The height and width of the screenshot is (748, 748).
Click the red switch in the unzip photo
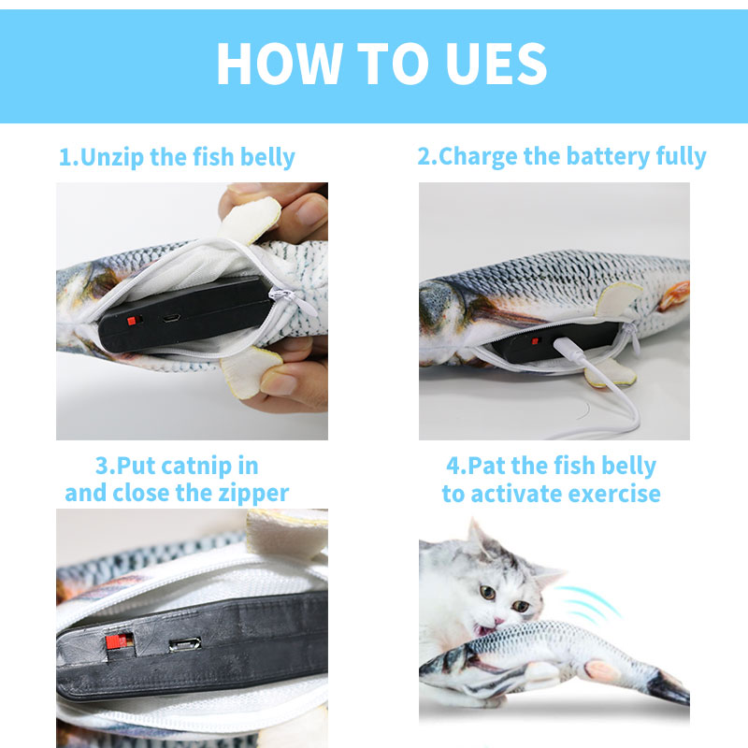tap(132, 320)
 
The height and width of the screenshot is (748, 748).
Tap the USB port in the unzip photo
tap(171, 318)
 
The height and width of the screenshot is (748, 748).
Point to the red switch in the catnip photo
tap(115, 642)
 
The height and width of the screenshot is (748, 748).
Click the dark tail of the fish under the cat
tap(671, 690)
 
